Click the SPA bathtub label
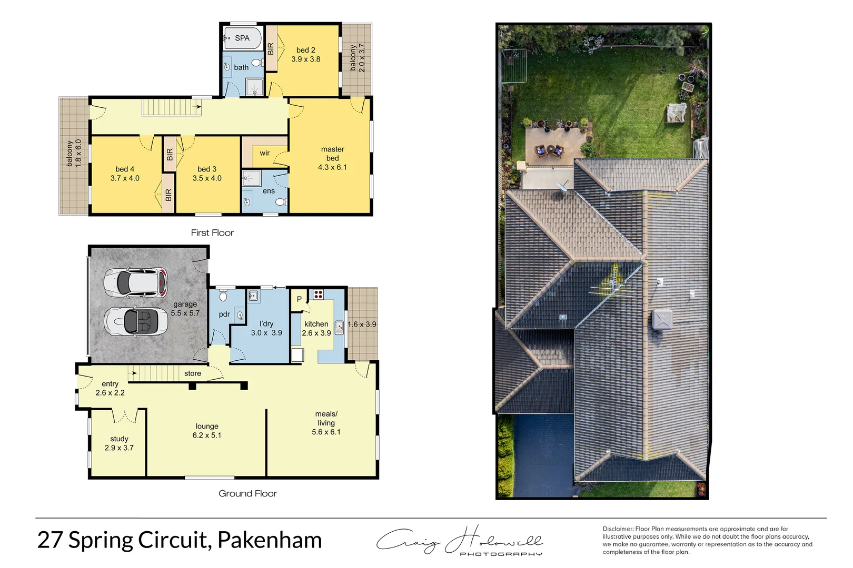pyautogui.click(x=242, y=38)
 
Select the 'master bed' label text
pyautogui.click(x=332, y=154)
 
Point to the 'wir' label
pyautogui.click(x=264, y=153)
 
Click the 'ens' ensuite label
pyautogui.click(x=269, y=191)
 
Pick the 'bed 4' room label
pyautogui.click(x=125, y=169)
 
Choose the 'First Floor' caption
pyautogui.click(x=212, y=232)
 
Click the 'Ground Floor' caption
pyautogui.click(x=247, y=493)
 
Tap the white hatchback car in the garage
pyautogui.click(x=136, y=282)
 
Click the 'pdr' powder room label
pyautogui.click(x=224, y=314)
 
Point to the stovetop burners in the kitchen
pyautogui.click(x=318, y=294)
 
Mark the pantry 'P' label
pyautogui.click(x=299, y=299)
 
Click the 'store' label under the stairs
pyautogui.click(x=193, y=373)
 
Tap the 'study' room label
pyautogui.click(x=119, y=439)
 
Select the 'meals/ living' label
pyautogui.click(x=326, y=419)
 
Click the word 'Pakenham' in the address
pyautogui.click(x=269, y=540)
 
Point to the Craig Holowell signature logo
pyautogui.click(x=459, y=540)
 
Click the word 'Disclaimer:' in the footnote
pyautogui.click(x=618, y=529)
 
